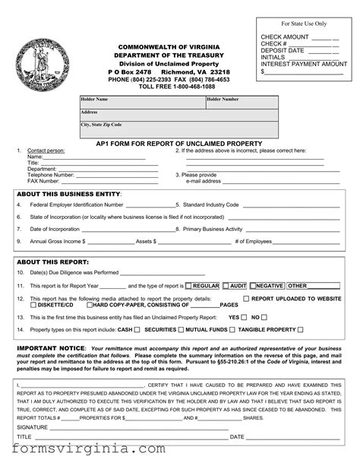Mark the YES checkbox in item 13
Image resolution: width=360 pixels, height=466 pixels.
[244, 317]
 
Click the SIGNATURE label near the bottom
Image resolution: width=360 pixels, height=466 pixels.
[33, 427]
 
